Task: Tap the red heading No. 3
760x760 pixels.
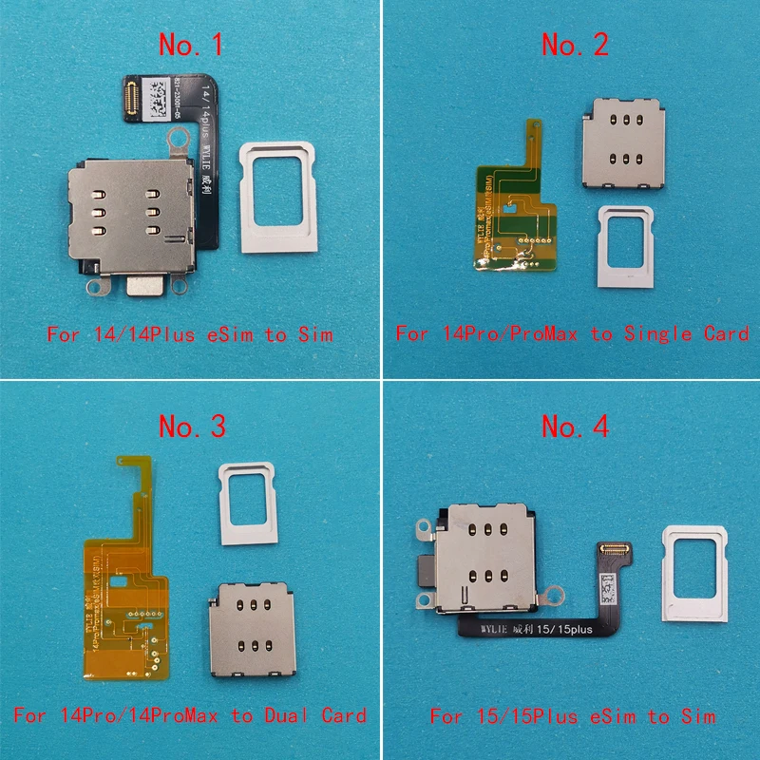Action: pyautogui.click(x=192, y=427)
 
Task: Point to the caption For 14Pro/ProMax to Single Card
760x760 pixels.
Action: pyautogui.click(x=573, y=333)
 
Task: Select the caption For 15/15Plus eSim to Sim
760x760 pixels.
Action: pyautogui.click(x=573, y=715)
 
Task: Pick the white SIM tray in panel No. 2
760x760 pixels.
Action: pyautogui.click(x=628, y=246)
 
